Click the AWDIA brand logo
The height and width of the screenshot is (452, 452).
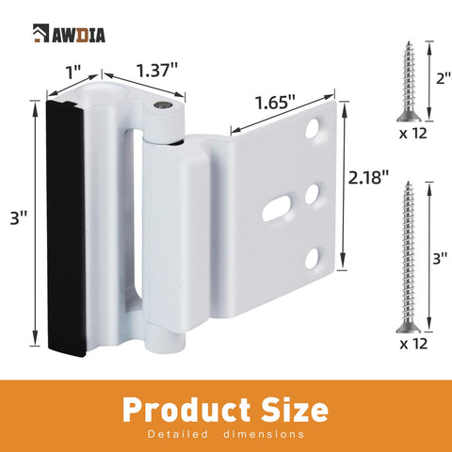69,33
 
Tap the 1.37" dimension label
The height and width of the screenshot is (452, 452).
157,70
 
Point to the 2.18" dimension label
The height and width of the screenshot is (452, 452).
368,178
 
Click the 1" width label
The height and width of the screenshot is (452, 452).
73,73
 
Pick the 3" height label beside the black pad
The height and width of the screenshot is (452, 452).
19,218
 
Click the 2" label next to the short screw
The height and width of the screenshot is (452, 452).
444,78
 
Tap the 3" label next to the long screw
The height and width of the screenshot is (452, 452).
440,259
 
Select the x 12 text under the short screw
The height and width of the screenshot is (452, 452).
413,134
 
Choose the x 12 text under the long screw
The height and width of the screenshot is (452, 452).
413,344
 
